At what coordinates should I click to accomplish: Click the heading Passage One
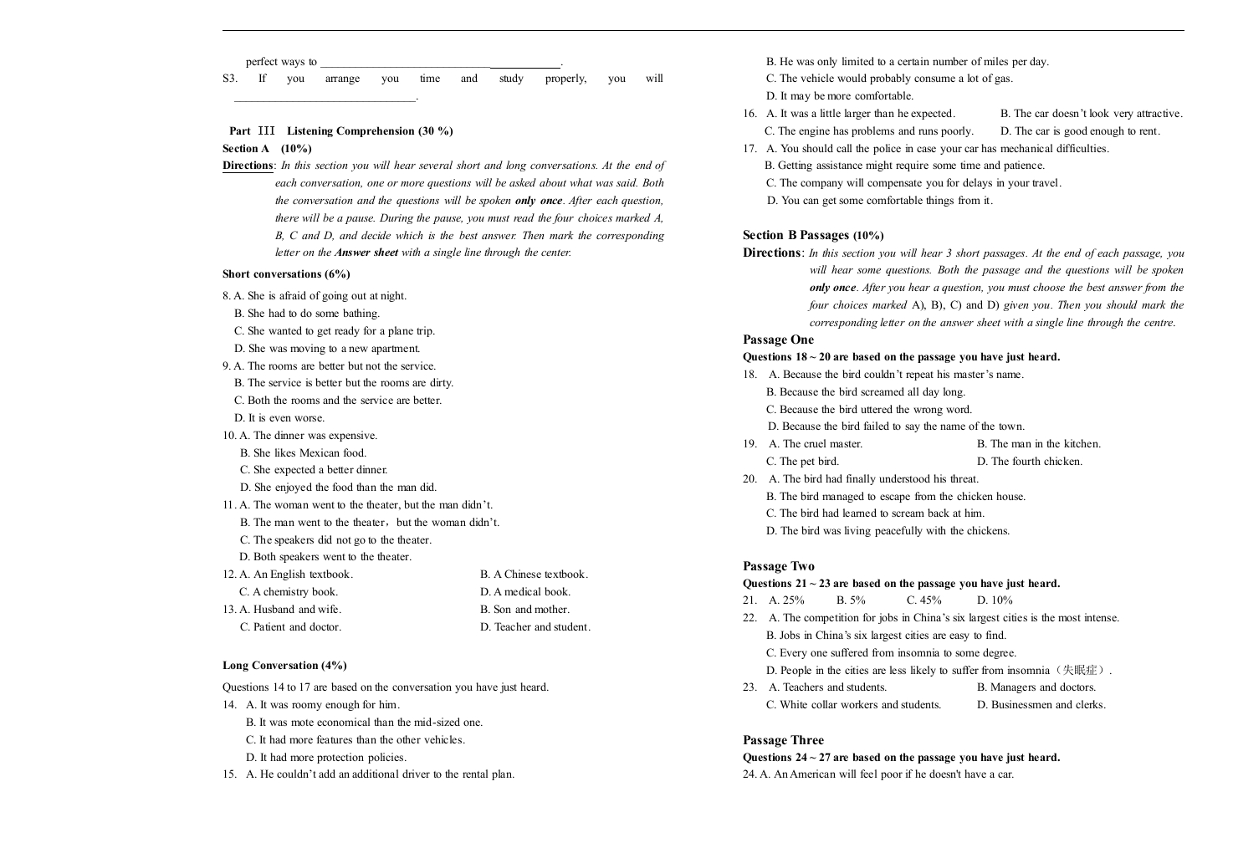point(778,340)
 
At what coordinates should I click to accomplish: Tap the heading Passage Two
point(778,566)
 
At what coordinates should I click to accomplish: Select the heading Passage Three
point(783,740)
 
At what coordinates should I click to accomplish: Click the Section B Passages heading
point(812,236)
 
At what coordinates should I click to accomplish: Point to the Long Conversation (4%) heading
point(284,666)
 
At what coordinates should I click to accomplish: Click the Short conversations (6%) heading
point(286,274)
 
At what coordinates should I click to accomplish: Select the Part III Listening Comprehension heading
point(340,131)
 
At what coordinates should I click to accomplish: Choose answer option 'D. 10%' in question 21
point(995,600)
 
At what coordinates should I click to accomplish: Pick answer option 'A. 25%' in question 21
point(786,600)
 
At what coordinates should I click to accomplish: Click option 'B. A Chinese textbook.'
point(534,575)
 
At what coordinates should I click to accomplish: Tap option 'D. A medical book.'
point(525,592)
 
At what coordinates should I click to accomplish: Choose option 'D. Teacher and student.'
point(535,627)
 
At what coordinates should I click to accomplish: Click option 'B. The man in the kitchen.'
point(1039,444)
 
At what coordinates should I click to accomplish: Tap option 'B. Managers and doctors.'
point(1036,687)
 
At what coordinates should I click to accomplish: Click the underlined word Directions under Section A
point(248,166)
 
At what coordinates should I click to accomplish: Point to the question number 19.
point(750,444)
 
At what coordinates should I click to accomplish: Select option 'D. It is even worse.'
point(279,418)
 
